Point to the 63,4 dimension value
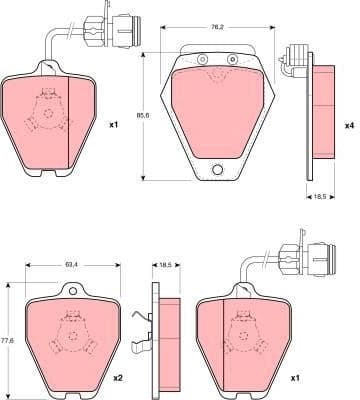click(x=71, y=265)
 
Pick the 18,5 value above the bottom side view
click(x=166, y=265)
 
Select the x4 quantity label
click(x=349, y=126)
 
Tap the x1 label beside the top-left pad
click(x=113, y=126)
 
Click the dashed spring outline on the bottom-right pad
click(x=244, y=335)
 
